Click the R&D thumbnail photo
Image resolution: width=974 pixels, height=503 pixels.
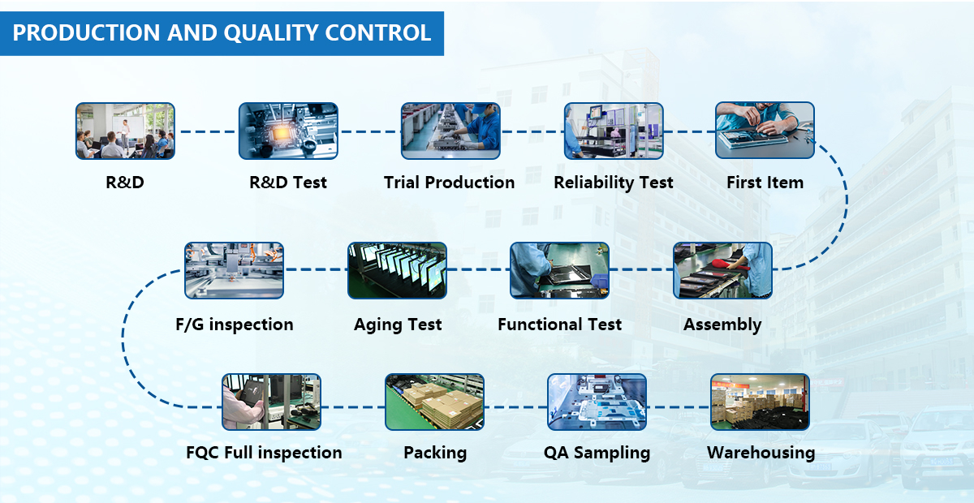click(x=125, y=131)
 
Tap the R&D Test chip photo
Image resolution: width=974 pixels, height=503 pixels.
click(x=288, y=131)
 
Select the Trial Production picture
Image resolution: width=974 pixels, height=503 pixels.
click(x=450, y=131)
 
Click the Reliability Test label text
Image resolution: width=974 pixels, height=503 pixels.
click(x=613, y=183)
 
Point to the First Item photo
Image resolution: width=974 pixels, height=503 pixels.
click(x=765, y=131)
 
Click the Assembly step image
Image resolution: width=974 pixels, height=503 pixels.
click(x=722, y=270)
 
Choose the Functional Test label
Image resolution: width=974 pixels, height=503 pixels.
click(x=559, y=325)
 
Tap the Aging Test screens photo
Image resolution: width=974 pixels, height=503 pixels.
click(x=397, y=270)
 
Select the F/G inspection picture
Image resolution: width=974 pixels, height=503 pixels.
click(x=234, y=270)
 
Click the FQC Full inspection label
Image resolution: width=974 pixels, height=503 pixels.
click(x=264, y=453)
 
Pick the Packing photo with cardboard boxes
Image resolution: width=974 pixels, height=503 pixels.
click(x=434, y=402)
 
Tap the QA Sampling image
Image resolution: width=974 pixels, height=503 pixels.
click(x=597, y=402)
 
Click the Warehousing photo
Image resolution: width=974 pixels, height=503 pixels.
click(x=760, y=402)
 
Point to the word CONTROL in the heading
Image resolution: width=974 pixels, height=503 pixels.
click(x=378, y=32)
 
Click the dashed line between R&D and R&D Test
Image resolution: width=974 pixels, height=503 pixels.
click(x=207, y=131)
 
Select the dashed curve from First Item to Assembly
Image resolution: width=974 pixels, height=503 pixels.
click(x=846, y=200)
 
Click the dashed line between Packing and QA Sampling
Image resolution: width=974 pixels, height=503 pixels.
click(x=515, y=407)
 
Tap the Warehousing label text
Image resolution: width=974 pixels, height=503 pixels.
click(x=761, y=453)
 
